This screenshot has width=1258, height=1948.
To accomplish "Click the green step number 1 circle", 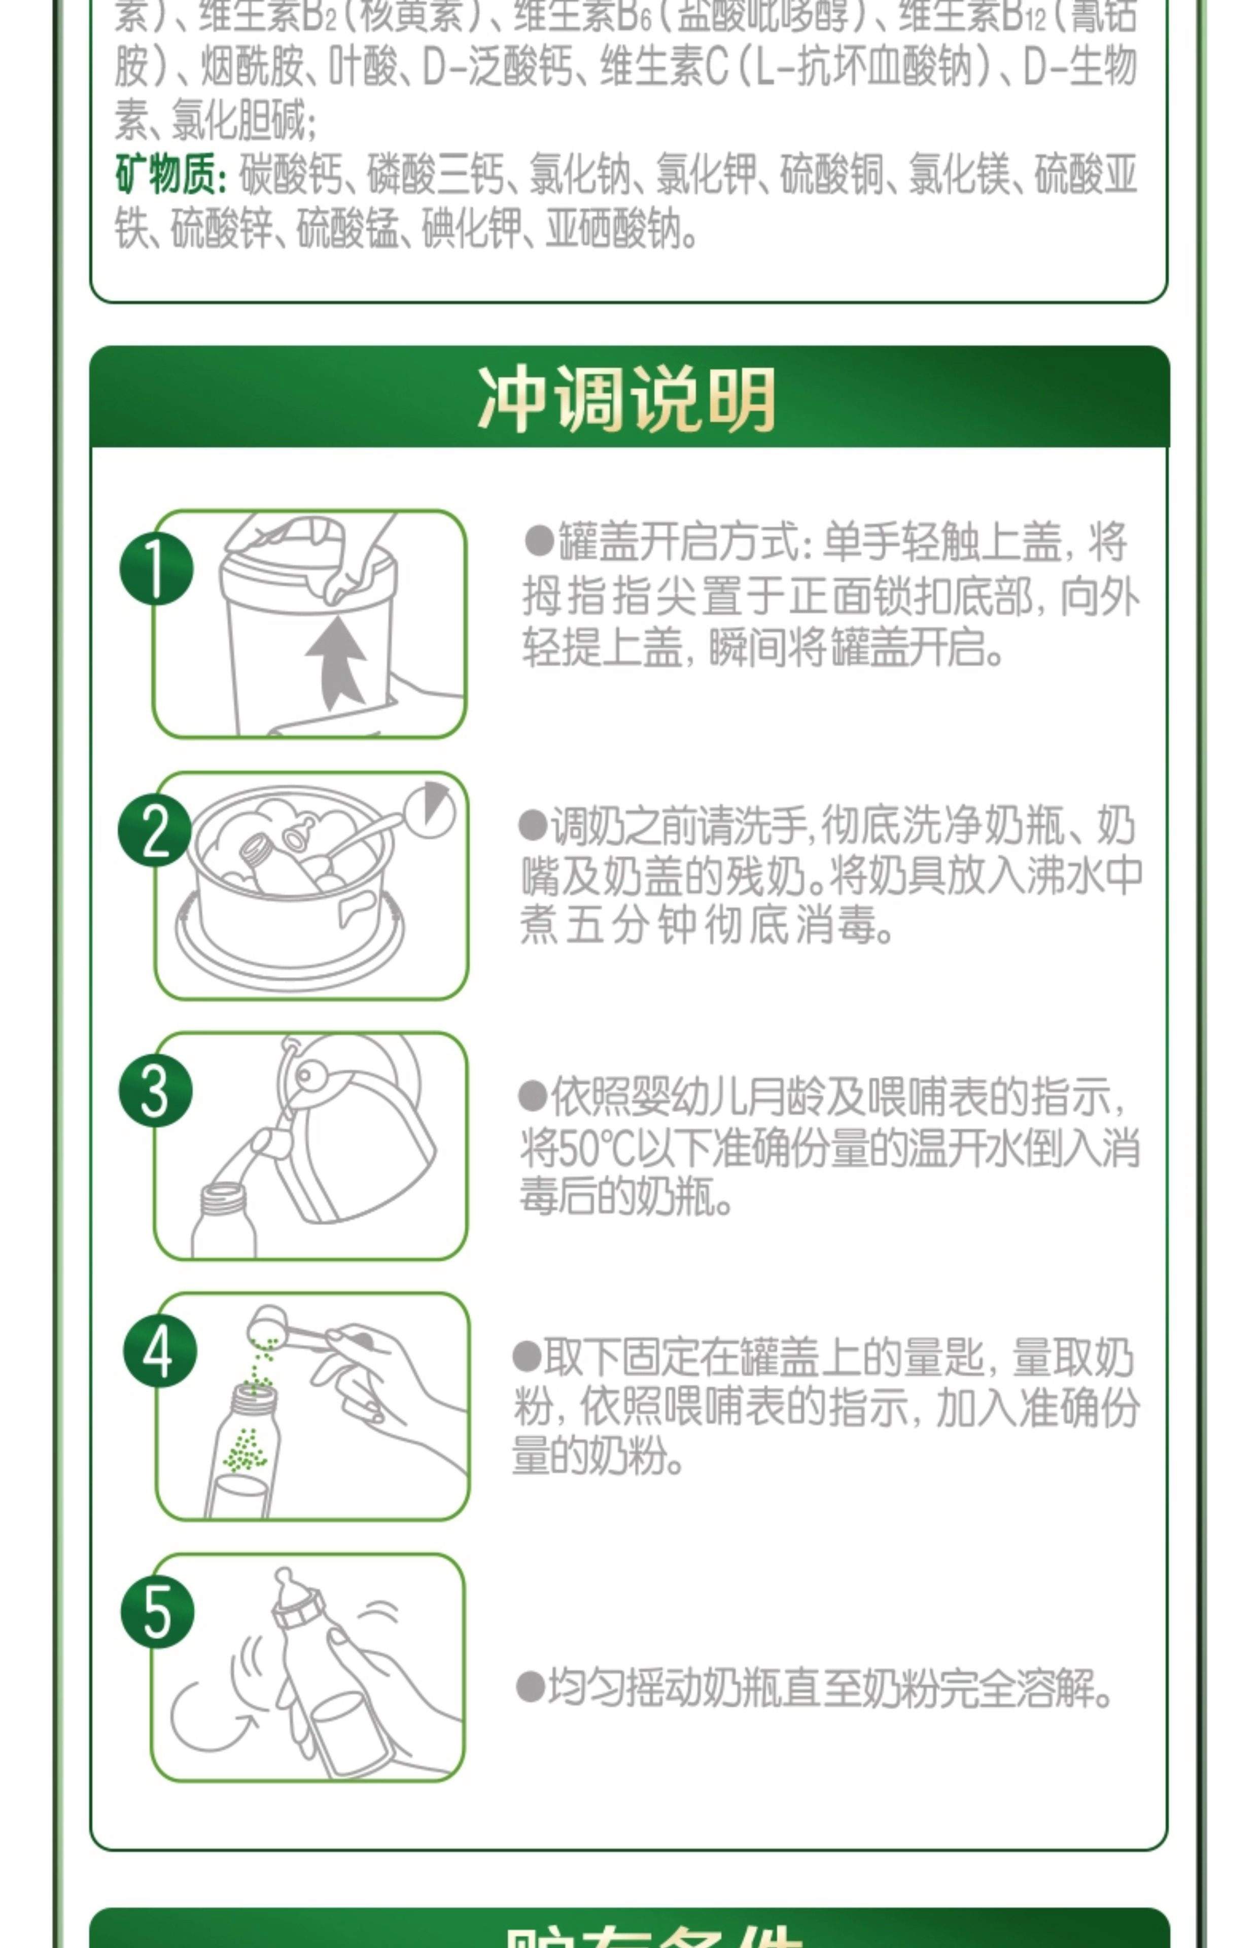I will (156, 569).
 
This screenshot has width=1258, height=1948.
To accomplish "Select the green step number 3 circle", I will (155, 1091).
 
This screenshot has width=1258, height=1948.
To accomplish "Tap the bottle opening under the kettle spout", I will (223, 1194).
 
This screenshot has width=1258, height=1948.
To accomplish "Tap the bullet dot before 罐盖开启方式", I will (539, 541).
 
